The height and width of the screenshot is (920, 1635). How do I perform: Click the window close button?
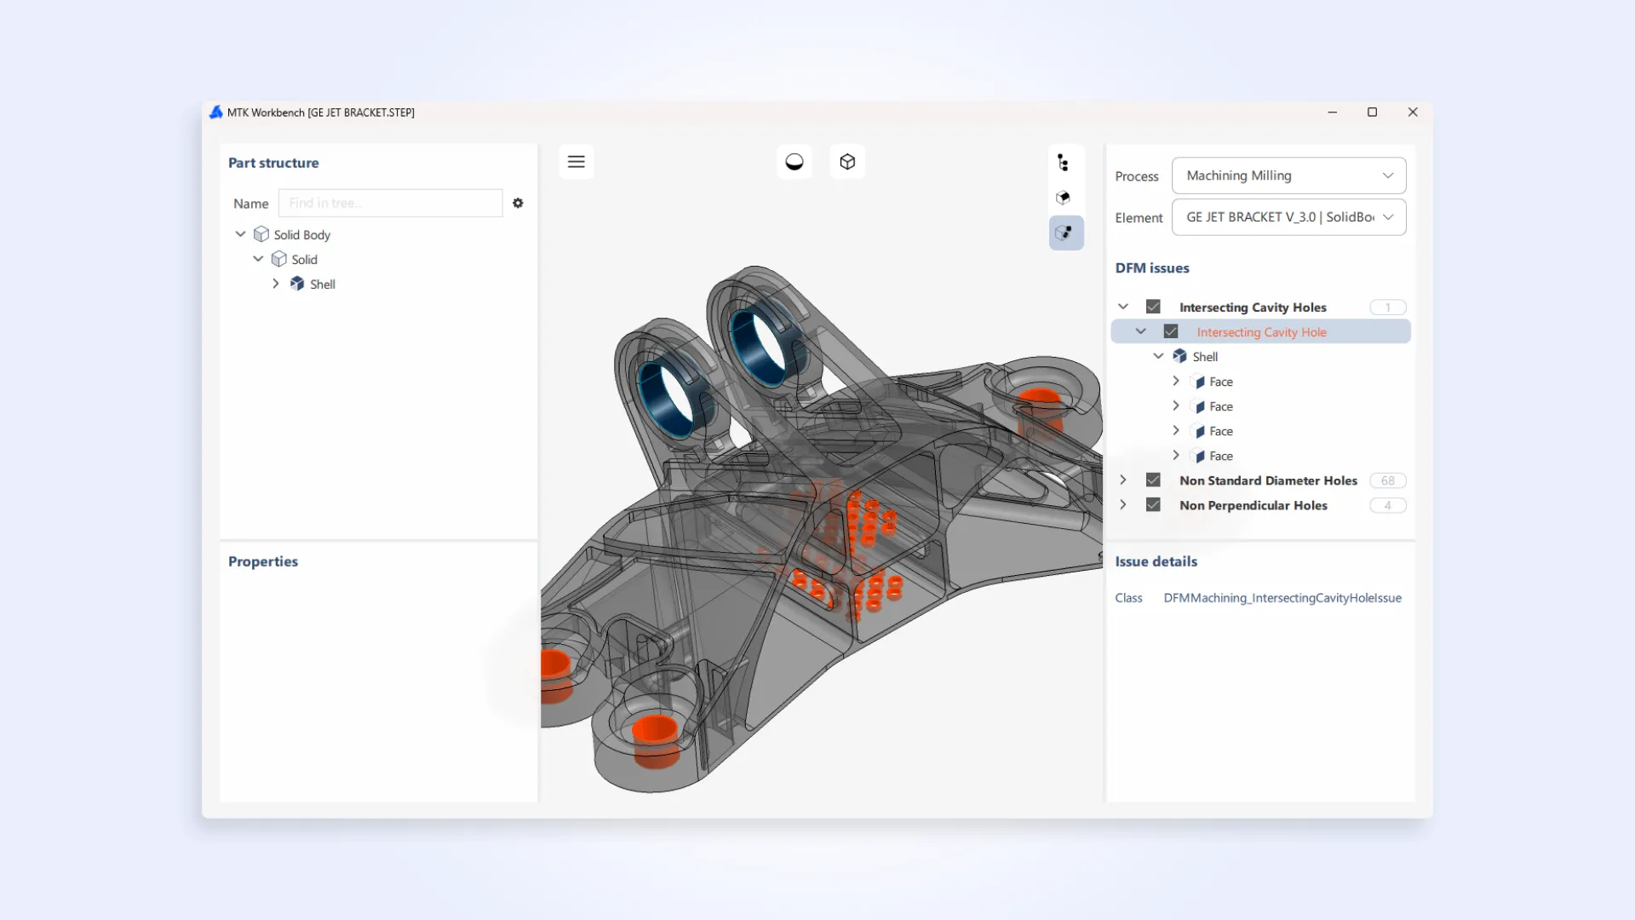tap(1413, 112)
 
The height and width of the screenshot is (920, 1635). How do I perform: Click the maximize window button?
tap(1372, 112)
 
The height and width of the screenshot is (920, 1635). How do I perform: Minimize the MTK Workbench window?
tap(1332, 112)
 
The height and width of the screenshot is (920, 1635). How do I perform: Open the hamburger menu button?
tap(577, 162)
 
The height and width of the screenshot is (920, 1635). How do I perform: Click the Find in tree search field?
tap(390, 204)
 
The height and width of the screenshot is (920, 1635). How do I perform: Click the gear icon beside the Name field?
tap(518, 204)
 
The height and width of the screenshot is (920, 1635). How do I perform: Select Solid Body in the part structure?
tap(301, 235)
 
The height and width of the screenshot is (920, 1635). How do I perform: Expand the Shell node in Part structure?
tap(276, 284)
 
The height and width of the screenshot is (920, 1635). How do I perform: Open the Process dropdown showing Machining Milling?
tap(1288, 175)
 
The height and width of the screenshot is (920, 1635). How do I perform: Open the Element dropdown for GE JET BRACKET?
tap(1288, 217)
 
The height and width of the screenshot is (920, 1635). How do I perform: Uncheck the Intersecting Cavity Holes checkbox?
tap(1153, 307)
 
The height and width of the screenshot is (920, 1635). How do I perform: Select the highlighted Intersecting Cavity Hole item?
tap(1261, 332)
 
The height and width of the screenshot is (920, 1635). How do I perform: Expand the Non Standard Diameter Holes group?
tap(1123, 480)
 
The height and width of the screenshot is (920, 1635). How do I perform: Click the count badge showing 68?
tap(1387, 480)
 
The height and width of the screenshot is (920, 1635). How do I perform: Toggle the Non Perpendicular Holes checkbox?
tap(1153, 505)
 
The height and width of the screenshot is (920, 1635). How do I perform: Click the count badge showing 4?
tap(1387, 505)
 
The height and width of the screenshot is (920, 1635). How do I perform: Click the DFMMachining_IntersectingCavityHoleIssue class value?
tap(1282, 598)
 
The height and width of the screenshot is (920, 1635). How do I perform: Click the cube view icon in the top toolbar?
tap(847, 162)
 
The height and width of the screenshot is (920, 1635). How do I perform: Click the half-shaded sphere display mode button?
tap(795, 162)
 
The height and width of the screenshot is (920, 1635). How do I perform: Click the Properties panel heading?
tap(263, 561)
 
